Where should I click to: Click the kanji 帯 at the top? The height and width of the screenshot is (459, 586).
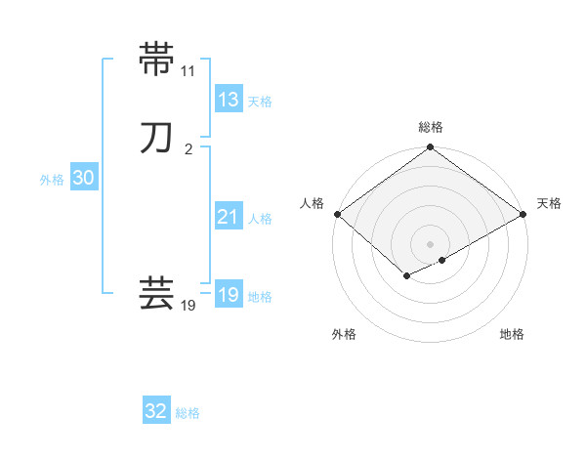tap(157, 60)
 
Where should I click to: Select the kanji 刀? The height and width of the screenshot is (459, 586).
tap(157, 138)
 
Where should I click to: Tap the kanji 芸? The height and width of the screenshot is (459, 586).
tap(157, 294)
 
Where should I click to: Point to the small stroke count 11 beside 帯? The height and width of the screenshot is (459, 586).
tap(188, 71)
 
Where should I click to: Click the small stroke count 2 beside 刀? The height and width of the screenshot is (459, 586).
tap(188, 149)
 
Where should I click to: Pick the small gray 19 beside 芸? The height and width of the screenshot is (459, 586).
tap(188, 306)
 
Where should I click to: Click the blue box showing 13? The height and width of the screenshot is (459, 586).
tap(228, 100)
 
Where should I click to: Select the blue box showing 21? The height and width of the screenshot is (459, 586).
tap(228, 217)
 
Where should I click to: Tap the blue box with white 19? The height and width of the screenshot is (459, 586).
tap(228, 295)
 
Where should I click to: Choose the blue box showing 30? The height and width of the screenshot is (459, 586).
tap(83, 178)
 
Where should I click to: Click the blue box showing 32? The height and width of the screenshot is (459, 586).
tap(156, 411)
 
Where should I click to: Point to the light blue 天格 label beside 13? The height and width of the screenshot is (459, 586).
tap(260, 102)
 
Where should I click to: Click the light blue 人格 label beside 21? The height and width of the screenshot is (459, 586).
tap(260, 219)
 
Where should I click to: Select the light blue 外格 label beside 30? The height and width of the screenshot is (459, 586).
tap(52, 180)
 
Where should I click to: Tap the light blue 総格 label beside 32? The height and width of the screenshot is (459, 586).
tap(188, 413)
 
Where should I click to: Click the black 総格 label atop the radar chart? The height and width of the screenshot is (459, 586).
tap(431, 127)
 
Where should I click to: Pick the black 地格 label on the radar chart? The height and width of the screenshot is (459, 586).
tap(512, 335)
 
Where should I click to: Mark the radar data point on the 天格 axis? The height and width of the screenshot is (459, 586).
tap(524, 214)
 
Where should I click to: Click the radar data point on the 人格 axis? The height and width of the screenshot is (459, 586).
tap(337, 214)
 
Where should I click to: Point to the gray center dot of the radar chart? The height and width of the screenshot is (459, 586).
tap(431, 244)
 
